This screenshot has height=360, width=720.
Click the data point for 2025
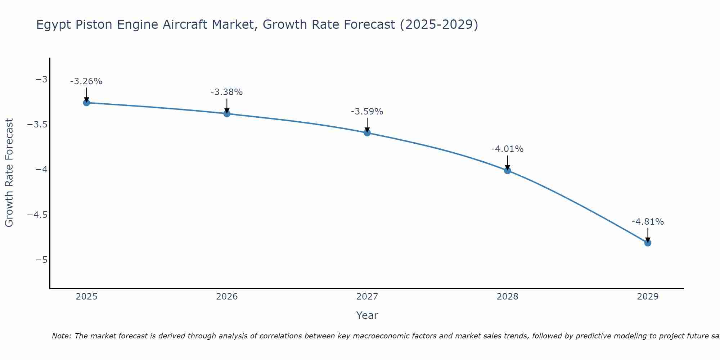pyautogui.click(x=86, y=103)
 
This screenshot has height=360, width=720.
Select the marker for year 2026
pyautogui.click(x=227, y=114)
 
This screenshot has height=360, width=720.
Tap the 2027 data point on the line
pyautogui.click(x=367, y=133)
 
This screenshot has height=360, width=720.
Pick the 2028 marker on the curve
pyautogui.click(x=508, y=171)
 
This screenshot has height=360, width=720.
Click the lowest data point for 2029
pyautogui.click(x=648, y=243)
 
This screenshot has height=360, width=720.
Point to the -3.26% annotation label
pyautogui.click(x=86, y=81)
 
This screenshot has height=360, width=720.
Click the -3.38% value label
pyautogui.click(x=227, y=92)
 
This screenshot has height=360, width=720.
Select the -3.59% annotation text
pyautogui.click(x=367, y=112)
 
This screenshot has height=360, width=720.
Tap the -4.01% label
pyautogui.click(x=508, y=149)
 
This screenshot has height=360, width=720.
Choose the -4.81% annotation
pyautogui.click(x=648, y=222)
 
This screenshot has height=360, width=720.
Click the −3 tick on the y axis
pyautogui.click(x=41, y=79)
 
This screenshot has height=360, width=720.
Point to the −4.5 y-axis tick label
pyautogui.click(x=37, y=215)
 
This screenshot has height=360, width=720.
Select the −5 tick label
pyautogui.click(x=41, y=260)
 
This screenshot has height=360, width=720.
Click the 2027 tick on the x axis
pyautogui.click(x=367, y=297)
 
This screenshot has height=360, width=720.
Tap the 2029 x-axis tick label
pyautogui.click(x=648, y=297)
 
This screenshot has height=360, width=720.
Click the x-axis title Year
pyautogui.click(x=367, y=315)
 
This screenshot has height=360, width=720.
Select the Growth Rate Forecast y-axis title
pyautogui.click(x=9, y=173)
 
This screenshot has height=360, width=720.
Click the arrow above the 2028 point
pyautogui.click(x=508, y=162)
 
